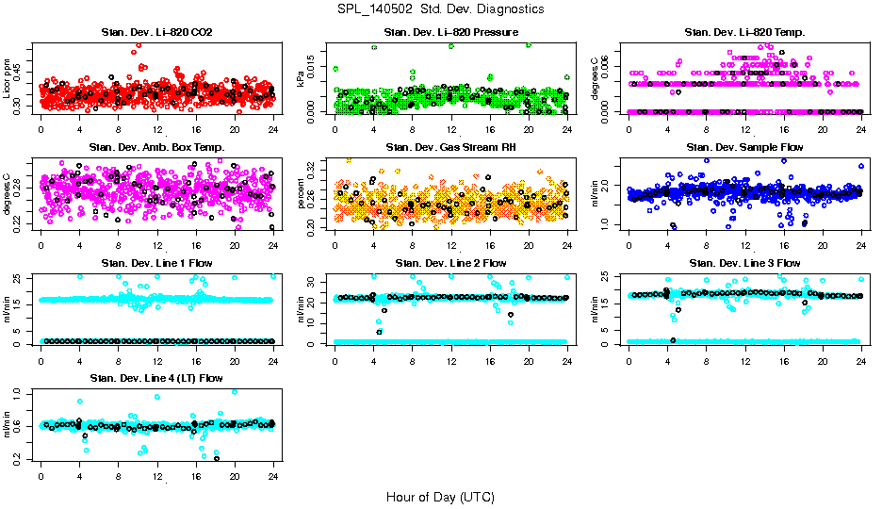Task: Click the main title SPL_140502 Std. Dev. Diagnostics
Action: coord(440,9)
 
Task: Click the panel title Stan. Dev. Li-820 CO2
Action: coord(156,33)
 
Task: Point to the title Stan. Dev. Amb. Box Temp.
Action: coord(156,148)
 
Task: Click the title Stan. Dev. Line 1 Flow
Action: coord(156,263)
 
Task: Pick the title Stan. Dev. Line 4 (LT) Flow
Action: coord(156,378)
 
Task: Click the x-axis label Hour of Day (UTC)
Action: coord(440,497)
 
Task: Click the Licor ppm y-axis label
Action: coord(8,79)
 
